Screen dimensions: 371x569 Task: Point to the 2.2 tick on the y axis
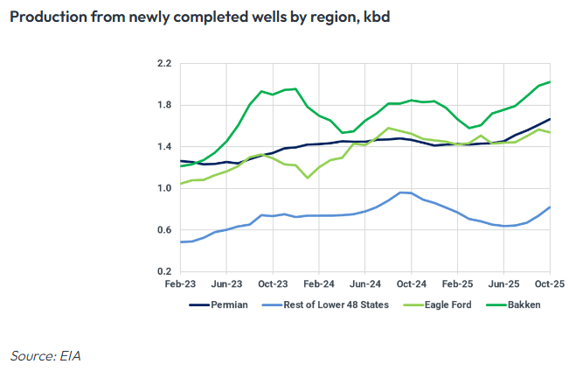(x=163, y=64)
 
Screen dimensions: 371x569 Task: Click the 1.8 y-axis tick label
(x=163, y=106)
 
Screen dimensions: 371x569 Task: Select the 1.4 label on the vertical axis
(x=163, y=147)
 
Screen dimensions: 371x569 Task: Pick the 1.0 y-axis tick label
(x=163, y=188)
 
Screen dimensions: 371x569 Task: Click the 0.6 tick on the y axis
(x=163, y=230)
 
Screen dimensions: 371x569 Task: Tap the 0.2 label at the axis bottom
(x=163, y=271)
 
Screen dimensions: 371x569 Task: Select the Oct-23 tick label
(x=273, y=285)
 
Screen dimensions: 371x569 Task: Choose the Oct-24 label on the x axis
(x=412, y=285)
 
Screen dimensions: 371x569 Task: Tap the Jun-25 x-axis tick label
(x=504, y=285)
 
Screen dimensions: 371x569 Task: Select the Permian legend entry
(x=230, y=305)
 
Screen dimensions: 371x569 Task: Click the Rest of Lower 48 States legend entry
(x=337, y=305)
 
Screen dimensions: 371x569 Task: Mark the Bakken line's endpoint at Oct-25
(x=550, y=82)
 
